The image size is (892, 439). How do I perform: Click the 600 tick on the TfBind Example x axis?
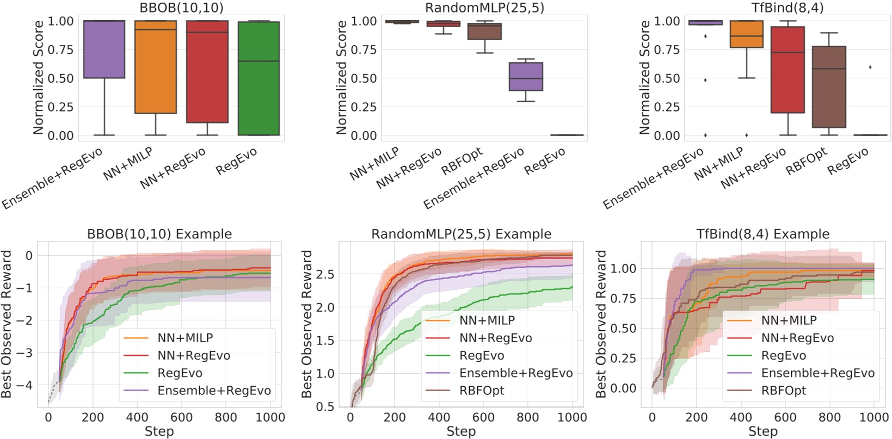[785, 417]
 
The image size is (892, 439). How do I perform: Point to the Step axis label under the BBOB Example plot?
[159, 431]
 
